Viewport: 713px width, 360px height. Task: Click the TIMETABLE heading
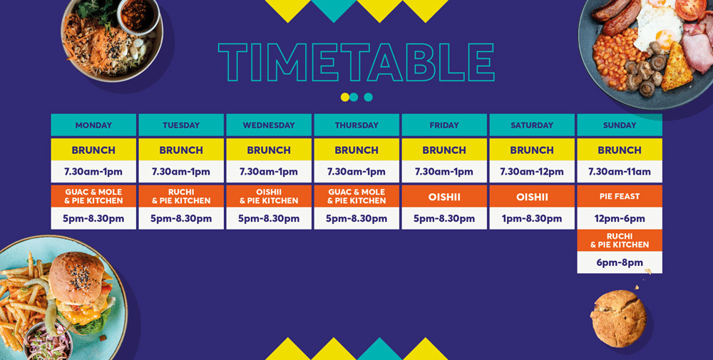356,62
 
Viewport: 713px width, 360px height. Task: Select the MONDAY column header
93,125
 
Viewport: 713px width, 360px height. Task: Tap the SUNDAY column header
620,125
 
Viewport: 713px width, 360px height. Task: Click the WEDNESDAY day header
269,125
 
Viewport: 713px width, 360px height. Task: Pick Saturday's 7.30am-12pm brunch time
532,172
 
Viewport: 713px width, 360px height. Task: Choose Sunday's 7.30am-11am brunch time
620,172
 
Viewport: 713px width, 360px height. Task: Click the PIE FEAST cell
620,196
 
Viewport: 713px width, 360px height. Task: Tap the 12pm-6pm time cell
620,219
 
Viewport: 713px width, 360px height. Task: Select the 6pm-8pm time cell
620,263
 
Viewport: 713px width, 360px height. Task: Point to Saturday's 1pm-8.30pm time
532,219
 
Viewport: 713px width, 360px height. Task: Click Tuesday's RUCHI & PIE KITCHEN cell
181,196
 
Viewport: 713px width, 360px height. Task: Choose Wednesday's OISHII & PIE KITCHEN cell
269,196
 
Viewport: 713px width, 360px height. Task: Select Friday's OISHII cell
444,196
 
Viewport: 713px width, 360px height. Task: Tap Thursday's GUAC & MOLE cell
356,196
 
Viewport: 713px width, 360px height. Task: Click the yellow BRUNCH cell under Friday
444,150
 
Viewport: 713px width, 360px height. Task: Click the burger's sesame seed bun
76,278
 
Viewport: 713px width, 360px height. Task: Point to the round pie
618,319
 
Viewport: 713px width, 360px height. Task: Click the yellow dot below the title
344,97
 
